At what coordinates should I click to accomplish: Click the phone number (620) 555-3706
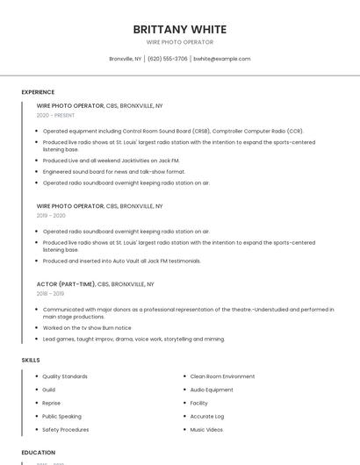pos(167,59)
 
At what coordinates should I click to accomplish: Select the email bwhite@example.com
pos(221,59)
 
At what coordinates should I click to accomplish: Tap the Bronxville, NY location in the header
pos(125,59)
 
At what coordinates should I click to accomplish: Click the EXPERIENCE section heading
pos(38,92)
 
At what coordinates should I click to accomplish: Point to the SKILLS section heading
pos(31,360)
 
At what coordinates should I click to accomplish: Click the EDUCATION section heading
pos(39,453)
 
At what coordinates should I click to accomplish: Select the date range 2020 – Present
pos(55,115)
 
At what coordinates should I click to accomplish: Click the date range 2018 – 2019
pos(51,294)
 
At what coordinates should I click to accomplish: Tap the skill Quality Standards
pos(65,376)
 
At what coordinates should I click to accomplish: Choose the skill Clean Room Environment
pos(222,376)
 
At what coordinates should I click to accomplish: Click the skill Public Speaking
pos(61,417)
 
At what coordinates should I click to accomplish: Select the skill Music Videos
pos(206,430)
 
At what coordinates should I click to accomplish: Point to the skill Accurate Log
pos(207,417)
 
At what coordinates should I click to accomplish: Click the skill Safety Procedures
pos(66,430)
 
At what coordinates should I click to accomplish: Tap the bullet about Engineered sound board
pos(113,172)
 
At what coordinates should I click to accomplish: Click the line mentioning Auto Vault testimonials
pos(121,261)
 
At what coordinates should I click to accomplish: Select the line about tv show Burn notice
pos(86,328)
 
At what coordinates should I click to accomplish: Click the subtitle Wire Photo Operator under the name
pos(179,42)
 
